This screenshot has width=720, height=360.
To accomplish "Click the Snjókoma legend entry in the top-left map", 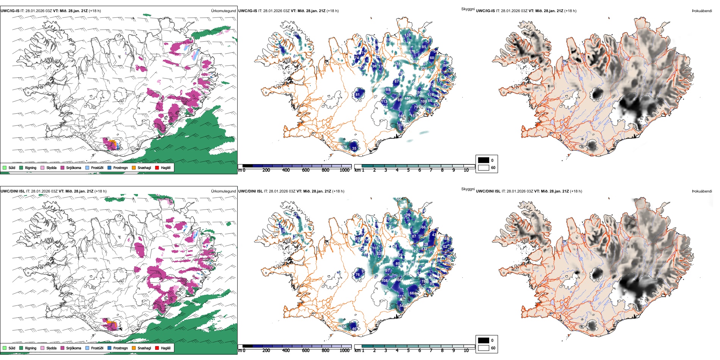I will point(73,167).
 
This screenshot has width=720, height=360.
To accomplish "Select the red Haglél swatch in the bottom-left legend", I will point(157,348).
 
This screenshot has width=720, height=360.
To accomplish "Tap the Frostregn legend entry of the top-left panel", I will point(120,167).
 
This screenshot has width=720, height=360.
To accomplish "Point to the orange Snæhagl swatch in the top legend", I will point(134,167).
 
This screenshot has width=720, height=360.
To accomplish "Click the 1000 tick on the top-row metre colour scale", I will point(344,170).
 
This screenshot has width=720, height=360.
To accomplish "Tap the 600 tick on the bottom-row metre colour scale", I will point(305,351).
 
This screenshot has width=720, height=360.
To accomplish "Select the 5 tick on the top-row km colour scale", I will point(408,170).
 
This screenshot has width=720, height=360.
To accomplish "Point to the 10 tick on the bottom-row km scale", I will point(466,351).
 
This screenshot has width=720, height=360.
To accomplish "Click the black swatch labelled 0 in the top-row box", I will point(484,160).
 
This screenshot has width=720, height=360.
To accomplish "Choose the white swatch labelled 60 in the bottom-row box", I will point(484,348).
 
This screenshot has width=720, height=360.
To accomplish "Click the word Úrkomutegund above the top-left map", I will point(223,11).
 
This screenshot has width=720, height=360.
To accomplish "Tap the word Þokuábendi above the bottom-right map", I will point(702,191).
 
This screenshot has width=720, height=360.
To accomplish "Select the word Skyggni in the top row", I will point(468,9).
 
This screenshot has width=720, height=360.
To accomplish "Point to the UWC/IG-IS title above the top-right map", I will point(485,11).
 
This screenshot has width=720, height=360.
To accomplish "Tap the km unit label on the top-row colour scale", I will point(357,170).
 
